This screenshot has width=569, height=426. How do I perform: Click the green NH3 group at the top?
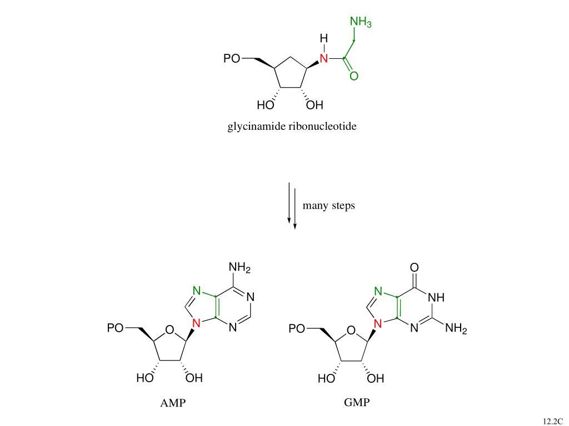(360, 22)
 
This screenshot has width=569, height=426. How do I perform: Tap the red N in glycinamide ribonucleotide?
(324, 58)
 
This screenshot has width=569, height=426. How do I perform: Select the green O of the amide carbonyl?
(354, 76)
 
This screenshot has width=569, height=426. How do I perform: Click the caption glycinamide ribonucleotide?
(292, 126)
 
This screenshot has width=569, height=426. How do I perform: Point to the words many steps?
(328, 206)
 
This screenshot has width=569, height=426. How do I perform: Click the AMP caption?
(173, 403)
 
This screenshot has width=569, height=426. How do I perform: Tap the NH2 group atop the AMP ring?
(239, 268)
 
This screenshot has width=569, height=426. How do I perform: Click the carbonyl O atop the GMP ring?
(414, 268)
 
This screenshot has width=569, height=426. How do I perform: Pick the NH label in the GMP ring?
(436, 298)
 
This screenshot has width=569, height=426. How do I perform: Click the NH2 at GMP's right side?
(456, 328)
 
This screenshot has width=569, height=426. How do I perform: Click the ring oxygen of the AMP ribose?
(169, 332)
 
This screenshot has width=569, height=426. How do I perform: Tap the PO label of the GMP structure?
(296, 328)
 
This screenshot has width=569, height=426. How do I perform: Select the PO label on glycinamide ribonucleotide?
(232, 58)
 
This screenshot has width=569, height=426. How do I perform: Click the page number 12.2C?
(553, 421)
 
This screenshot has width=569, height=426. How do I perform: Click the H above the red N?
(324, 38)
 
